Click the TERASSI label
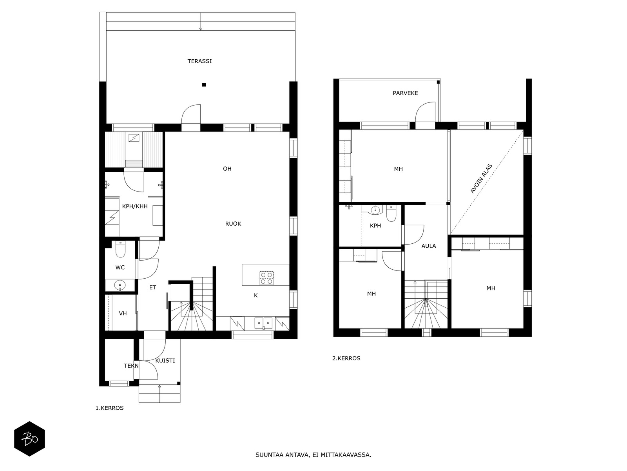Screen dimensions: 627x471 pos(199,61)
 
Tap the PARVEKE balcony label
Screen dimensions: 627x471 pos(405,93)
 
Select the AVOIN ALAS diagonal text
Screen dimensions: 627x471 pos(481,179)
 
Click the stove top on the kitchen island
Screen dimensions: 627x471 pos(266,278)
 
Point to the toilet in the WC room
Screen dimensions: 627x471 pos(120,249)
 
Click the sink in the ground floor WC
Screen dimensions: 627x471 pos(120,285)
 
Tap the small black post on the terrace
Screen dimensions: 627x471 pos(204,85)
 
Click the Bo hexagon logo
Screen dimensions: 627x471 pos(29,439)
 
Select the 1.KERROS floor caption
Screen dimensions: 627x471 pos(109,408)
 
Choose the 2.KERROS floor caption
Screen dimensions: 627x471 pos(346,358)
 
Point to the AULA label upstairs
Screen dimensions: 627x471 pos(428,246)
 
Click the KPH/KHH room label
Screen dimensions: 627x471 pos(134,206)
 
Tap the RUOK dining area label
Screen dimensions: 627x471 pos(233,224)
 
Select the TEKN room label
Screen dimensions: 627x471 pos(131,366)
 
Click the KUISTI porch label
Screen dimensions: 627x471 pos(165,361)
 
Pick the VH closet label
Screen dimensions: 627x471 pos(123,314)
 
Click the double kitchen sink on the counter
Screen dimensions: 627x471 pos(263,323)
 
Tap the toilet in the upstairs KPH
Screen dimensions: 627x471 pos(391,214)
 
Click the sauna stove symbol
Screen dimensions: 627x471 pos(134,139)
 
